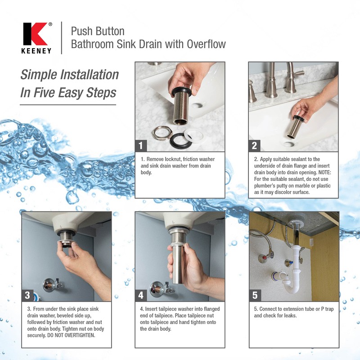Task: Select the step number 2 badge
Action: [255, 145]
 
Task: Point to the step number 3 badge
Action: [28, 295]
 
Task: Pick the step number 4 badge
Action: [141, 295]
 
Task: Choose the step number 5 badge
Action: [255, 295]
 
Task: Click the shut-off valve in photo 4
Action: [157, 288]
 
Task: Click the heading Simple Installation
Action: [69, 74]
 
